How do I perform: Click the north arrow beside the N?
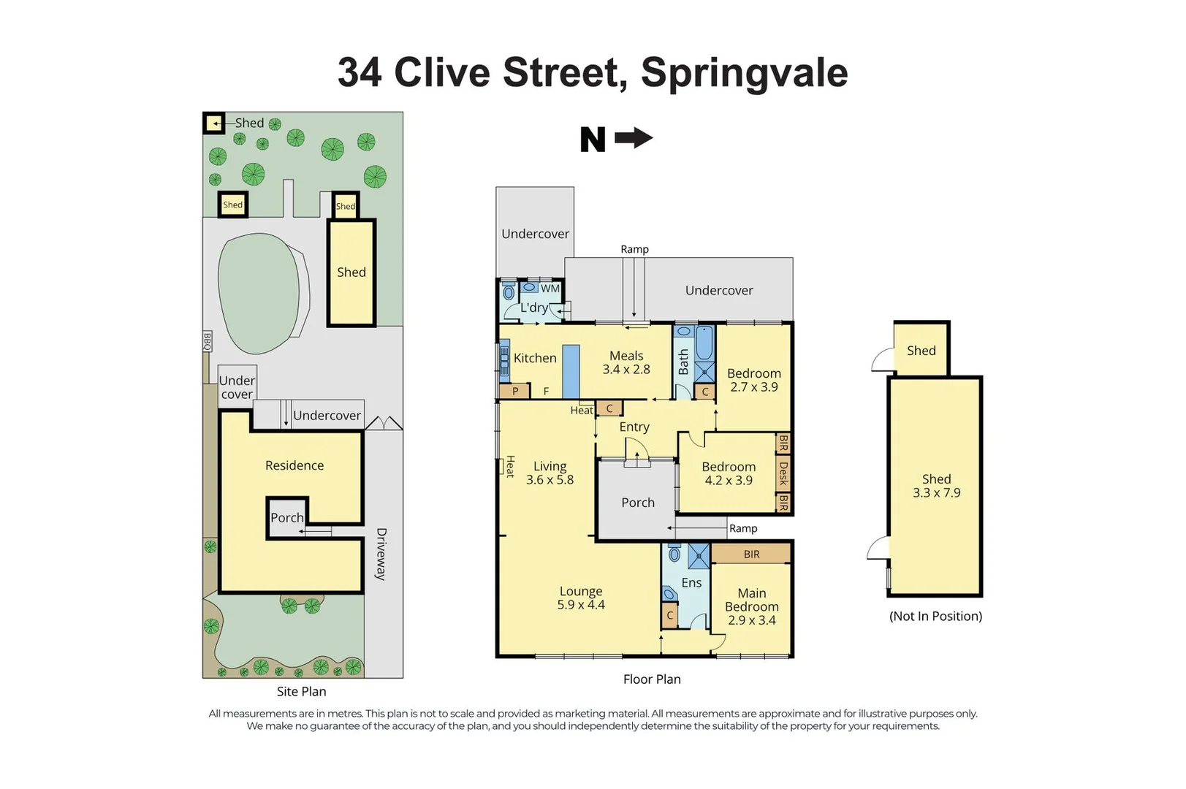pos(634,137)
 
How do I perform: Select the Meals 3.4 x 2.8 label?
pos(626,362)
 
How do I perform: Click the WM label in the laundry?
pos(550,289)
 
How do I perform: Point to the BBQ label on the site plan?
pos(207,341)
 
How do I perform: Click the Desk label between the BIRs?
pos(783,473)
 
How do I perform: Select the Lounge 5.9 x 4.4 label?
pos(581,598)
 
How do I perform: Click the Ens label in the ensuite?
pos(691,582)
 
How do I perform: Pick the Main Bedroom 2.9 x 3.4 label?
pos(752,606)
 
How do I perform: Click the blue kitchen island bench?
pos(571,371)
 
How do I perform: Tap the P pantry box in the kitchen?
pos(515,391)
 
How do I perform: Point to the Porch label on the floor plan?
pos(638,503)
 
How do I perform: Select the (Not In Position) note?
pos(935,616)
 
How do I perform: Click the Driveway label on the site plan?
pos(381,554)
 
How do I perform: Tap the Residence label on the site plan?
pos(294,465)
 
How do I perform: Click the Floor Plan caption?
pos(652,679)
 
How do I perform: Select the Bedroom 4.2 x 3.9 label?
pos(729,473)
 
